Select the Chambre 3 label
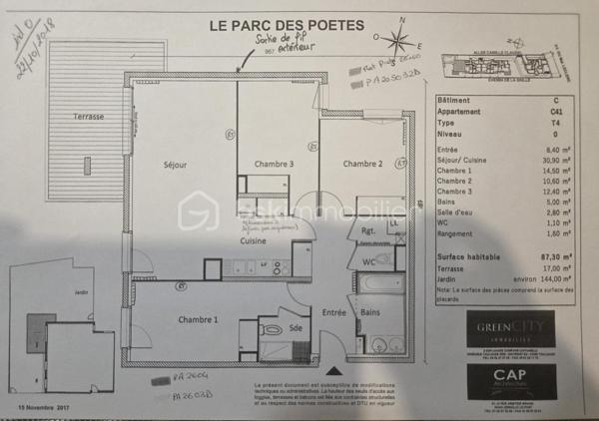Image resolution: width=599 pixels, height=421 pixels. [273, 164]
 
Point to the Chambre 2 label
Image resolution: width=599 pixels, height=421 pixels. [362, 164]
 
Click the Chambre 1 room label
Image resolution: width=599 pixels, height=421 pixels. [199, 319]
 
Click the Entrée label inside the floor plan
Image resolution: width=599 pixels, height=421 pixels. [332, 313]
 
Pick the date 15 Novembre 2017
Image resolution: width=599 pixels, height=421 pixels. [46, 408]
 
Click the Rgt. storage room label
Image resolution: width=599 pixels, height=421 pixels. [368, 228]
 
